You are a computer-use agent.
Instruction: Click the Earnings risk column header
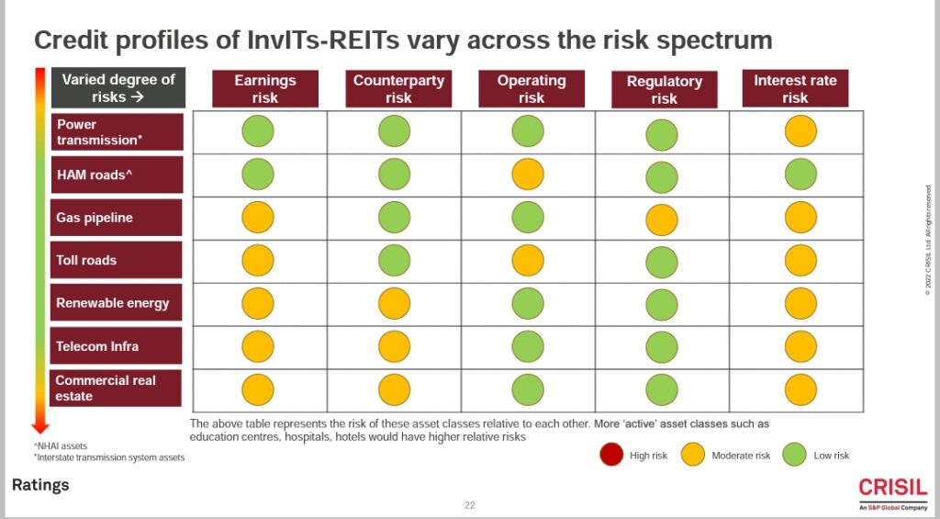[265, 89]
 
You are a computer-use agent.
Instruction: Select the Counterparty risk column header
[398, 89]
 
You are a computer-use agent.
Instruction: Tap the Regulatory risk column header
[664, 90]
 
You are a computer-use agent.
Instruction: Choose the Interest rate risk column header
[795, 89]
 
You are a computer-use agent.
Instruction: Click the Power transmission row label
[117, 132]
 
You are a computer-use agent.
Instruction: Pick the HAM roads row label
[117, 175]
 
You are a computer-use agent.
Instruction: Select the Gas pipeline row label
[117, 218]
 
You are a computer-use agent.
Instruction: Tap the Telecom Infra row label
[117, 346]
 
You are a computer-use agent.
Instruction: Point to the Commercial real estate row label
[117, 388]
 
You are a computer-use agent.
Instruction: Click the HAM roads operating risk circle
[528, 175]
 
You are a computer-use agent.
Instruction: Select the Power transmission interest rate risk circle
[800, 131]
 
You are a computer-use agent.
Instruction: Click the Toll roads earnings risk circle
[258, 261]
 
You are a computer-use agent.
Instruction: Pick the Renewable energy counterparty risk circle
[394, 304]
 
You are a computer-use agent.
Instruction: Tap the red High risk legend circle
[610, 455]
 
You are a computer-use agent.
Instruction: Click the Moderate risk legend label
[740, 456]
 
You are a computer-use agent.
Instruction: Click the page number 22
[470, 505]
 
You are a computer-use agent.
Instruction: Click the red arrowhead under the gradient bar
[39, 426]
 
